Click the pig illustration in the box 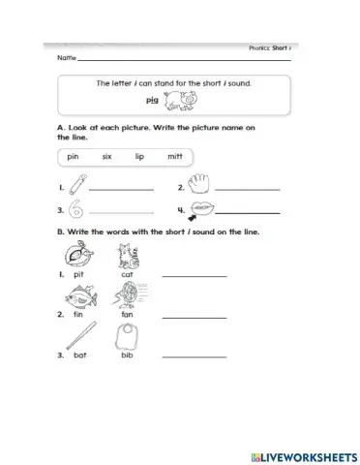[x=181, y=100]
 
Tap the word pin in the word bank [x=74, y=157]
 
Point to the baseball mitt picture [x=201, y=184]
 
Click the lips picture [x=202, y=208]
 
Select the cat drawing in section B [x=126, y=256]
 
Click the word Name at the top [x=67, y=58]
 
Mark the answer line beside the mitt [x=249, y=188]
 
